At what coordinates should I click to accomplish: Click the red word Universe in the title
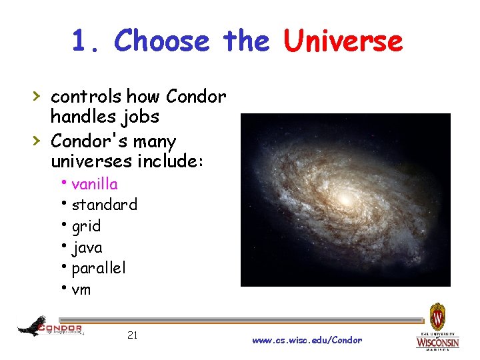click(x=343, y=41)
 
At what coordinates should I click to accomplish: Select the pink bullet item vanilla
click(x=94, y=183)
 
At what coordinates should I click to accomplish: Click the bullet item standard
click(x=104, y=205)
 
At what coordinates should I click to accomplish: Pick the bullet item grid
click(x=86, y=226)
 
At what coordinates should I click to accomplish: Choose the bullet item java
click(x=87, y=247)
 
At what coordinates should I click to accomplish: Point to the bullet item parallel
click(x=98, y=268)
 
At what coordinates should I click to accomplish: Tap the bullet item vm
click(x=81, y=289)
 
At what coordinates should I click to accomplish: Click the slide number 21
click(x=132, y=335)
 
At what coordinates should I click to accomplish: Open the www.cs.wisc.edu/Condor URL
click(x=307, y=340)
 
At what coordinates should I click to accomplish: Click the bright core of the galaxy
click(x=345, y=198)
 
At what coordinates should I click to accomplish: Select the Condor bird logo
click(x=32, y=326)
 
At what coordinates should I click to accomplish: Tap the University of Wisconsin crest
click(x=437, y=316)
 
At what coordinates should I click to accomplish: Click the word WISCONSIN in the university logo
click(x=437, y=343)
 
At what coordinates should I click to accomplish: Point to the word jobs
click(x=141, y=117)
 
